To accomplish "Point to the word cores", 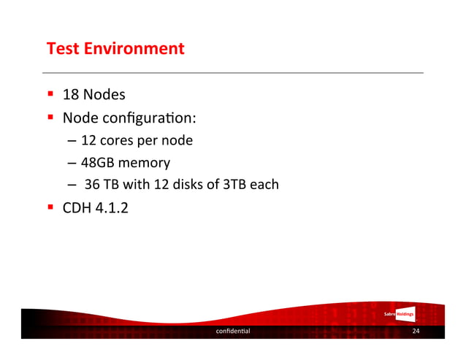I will coord(123,140).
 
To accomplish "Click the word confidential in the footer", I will coord(232,332).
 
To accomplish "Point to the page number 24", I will coord(416,332).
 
